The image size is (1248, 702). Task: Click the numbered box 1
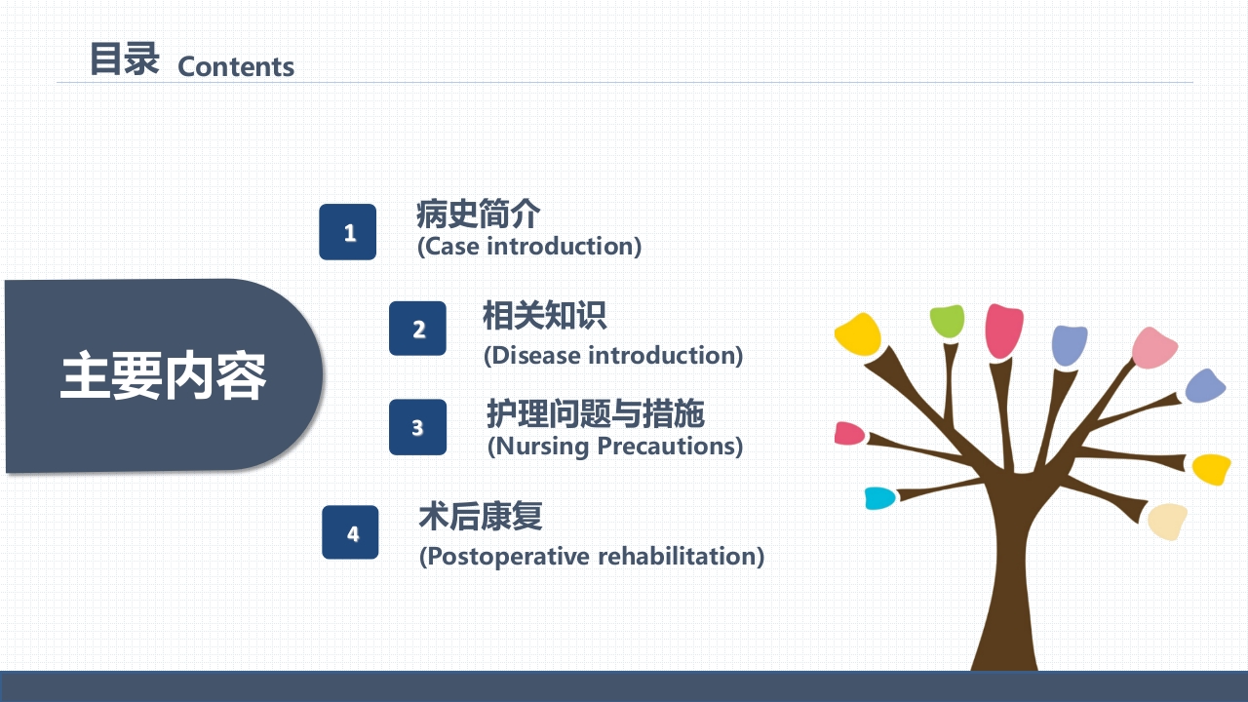tap(348, 232)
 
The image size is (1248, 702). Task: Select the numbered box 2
tap(418, 329)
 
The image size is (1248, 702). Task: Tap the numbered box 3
tap(417, 427)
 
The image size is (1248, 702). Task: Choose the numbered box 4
tap(351, 532)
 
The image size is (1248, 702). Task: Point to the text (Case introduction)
tap(529, 246)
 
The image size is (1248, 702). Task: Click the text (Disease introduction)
tap(613, 355)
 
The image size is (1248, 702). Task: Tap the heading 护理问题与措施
tap(595, 414)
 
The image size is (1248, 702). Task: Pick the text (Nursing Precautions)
tap(615, 447)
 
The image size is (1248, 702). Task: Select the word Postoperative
tap(505, 557)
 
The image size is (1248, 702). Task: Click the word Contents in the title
tap(236, 67)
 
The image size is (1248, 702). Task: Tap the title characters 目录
tap(124, 58)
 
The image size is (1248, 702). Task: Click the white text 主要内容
tap(163, 376)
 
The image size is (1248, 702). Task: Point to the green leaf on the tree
tap(947, 320)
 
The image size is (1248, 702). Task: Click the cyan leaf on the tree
tap(879, 498)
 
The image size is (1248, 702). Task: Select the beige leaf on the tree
tap(1167, 522)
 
